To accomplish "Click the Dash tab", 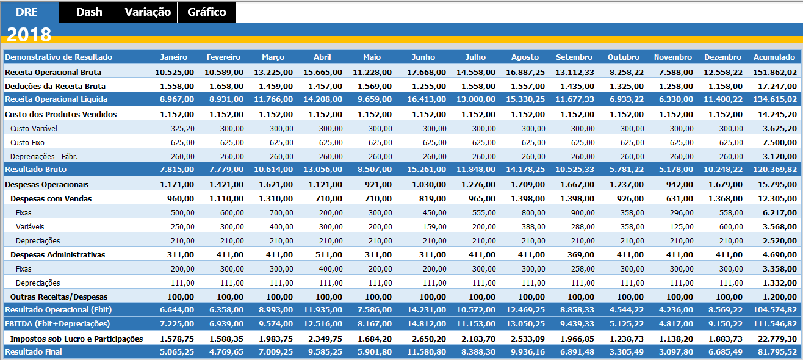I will click(89, 12).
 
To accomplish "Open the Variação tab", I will click(148, 12).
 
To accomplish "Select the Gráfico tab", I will click(207, 12).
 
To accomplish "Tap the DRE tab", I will click(27, 12).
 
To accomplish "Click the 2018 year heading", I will click(29, 35).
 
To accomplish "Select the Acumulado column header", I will click(774, 57).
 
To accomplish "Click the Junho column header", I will click(423, 57).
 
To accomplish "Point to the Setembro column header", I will click(574, 57).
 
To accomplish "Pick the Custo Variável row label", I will click(34, 129).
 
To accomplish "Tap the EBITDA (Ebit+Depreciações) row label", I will click(57, 323).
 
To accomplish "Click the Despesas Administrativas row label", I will click(58, 254).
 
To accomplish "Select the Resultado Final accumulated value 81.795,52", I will click(775, 352).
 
